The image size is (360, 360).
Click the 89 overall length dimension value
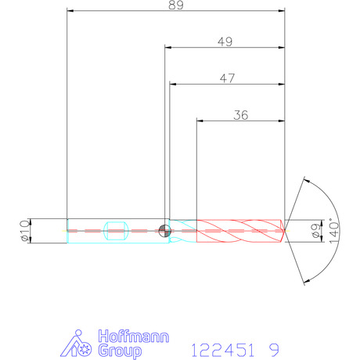tap(176, 5)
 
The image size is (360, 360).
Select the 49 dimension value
tap(225, 41)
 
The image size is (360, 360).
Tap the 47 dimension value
tap(227, 78)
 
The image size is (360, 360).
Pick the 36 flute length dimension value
tap(241, 115)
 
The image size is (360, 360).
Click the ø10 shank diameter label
tap(25, 231)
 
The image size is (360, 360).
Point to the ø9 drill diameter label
tap(316, 231)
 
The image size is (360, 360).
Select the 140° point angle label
tap(334, 231)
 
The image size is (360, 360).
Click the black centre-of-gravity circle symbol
tap(165, 231)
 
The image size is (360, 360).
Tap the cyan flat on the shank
tap(116, 231)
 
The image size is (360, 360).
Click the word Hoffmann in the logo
tap(134, 337)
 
